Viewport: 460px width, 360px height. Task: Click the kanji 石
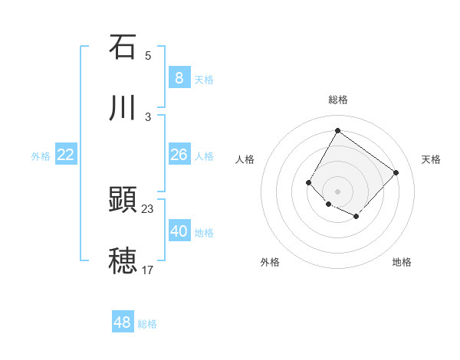pyautogui.click(x=123, y=47)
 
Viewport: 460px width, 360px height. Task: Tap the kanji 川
pyautogui.click(x=123, y=109)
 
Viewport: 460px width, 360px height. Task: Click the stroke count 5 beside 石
pyautogui.click(x=148, y=55)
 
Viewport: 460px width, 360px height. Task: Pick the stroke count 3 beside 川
pyautogui.click(x=148, y=116)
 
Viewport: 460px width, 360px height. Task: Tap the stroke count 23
pyautogui.click(x=148, y=208)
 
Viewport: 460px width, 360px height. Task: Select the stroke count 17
pyautogui.click(x=148, y=270)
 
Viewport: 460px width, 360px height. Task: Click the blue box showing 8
pyautogui.click(x=179, y=77)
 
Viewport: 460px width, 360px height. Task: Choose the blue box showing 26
pyautogui.click(x=179, y=155)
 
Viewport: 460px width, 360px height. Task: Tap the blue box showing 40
pyautogui.click(x=179, y=231)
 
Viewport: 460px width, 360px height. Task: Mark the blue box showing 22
pyautogui.click(x=66, y=155)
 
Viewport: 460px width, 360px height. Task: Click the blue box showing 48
pyautogui.click(x=123, y=322)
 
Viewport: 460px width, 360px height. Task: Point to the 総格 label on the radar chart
pyautogui.click(x=337, y=100)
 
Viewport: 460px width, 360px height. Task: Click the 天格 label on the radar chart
pyautogui.click(x=431, y=159)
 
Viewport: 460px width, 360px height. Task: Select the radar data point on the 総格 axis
pyautogui.click(x=337, y=130)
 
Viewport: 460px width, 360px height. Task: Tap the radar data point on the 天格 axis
pyautogui.click(x=396, y=172)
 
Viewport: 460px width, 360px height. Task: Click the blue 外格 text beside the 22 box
pyautogui.click(x=40, y=156)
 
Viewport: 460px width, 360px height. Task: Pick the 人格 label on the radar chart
pyautogui.click(x=245, y=159)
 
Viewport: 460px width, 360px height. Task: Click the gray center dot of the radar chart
pyautogui.click(x=337, y=191)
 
